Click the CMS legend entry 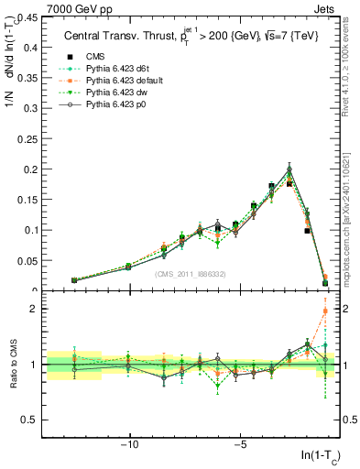(93, 55)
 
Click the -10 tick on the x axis (130, 444)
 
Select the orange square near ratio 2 (325, 311)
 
